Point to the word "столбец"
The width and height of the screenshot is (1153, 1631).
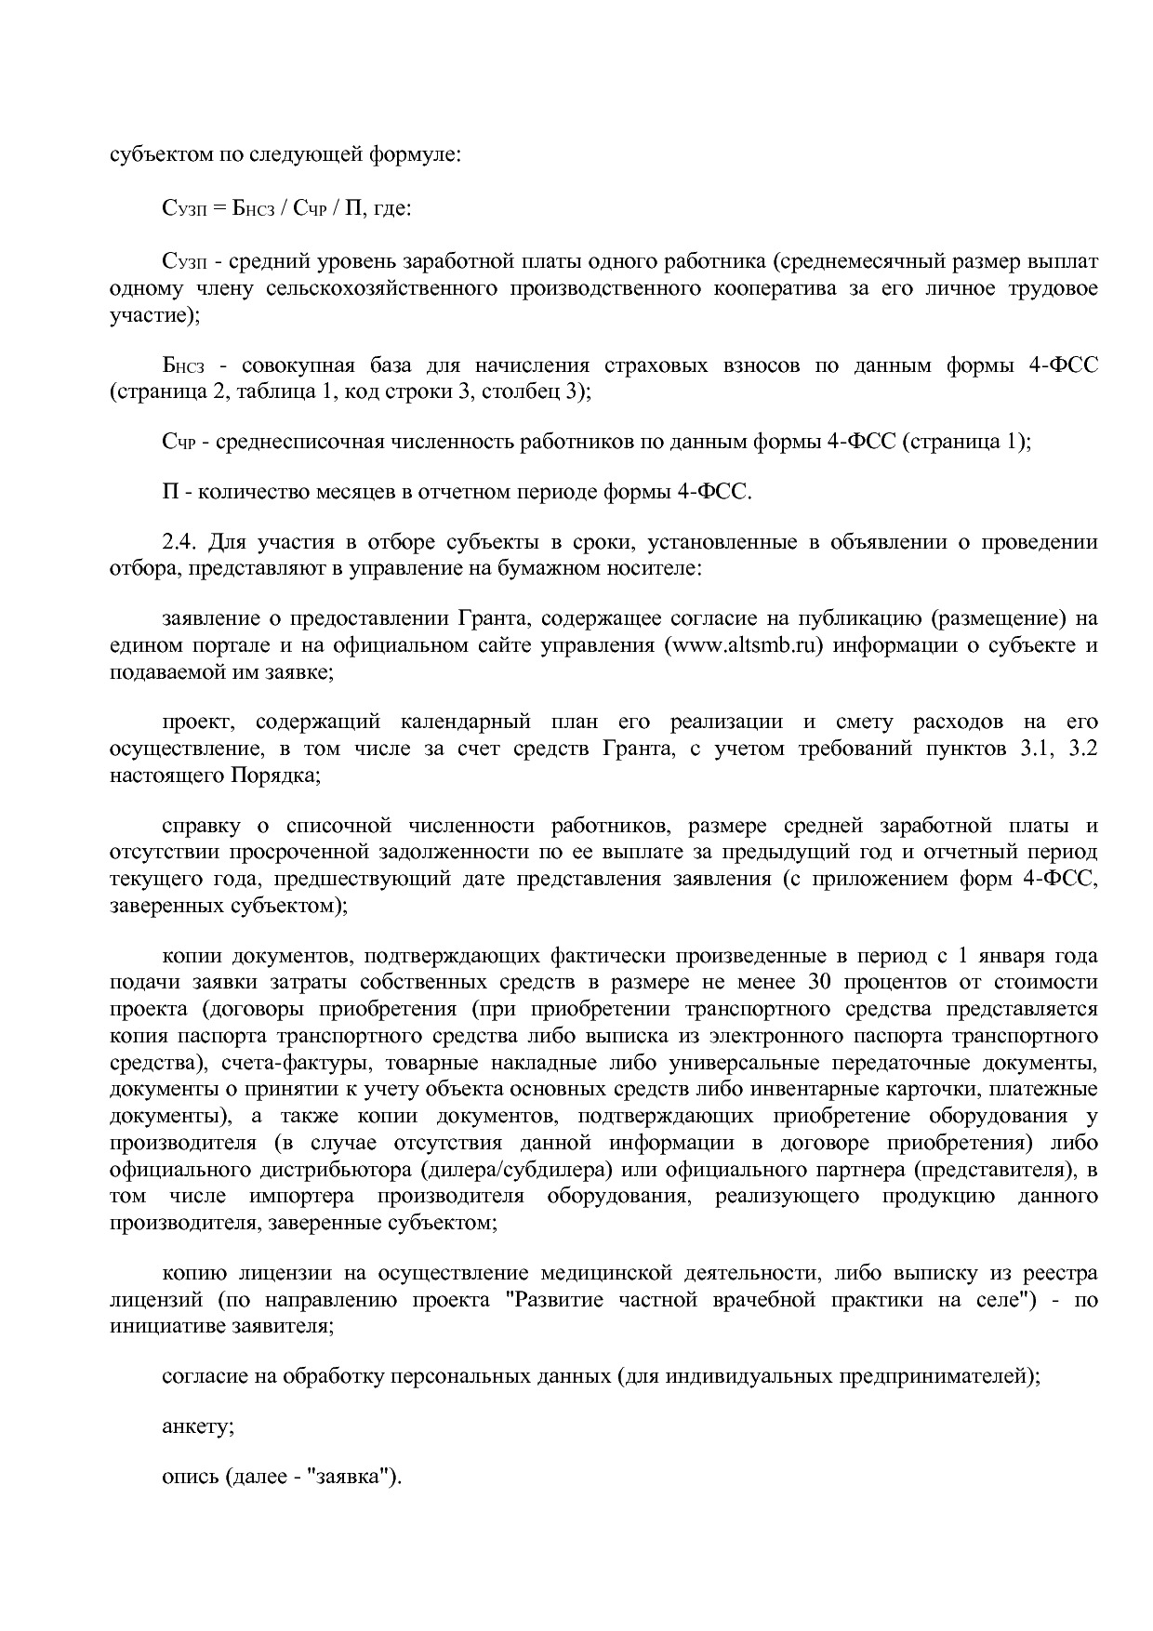(521, 391)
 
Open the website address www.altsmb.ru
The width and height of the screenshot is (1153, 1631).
(745, 645)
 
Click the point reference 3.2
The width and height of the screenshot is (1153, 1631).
(1084, 748)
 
